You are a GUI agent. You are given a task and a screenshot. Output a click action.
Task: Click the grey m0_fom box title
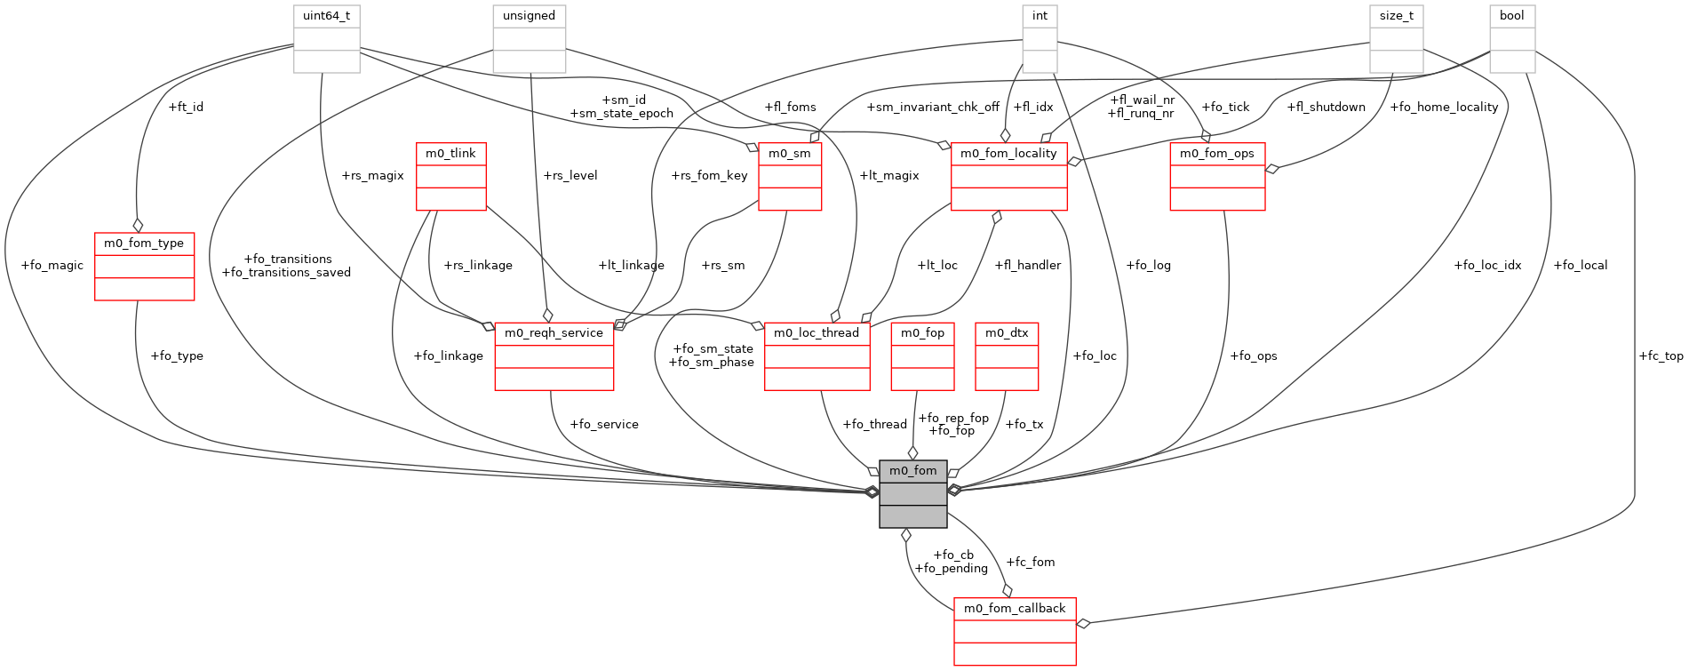912,471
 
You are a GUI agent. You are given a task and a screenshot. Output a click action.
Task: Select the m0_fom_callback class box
1015,630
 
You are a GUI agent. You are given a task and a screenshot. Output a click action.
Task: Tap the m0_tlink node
450,176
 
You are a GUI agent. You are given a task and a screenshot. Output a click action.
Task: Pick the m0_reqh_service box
554,355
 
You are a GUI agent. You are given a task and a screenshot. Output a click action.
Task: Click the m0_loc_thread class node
817,355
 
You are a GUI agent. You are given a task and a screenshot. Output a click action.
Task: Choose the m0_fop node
922,355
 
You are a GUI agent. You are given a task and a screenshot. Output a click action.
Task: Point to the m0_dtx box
1007,355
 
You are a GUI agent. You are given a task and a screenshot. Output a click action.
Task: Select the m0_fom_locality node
1008,176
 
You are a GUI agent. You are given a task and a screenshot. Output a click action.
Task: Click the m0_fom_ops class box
1217,176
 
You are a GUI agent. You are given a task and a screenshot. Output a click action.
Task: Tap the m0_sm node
789,176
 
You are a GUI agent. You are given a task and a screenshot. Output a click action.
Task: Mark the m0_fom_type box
144,266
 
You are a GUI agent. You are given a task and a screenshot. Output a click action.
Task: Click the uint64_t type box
326,39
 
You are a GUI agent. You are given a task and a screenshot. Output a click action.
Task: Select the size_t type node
1396,39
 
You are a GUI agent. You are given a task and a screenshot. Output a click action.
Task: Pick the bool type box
1511,39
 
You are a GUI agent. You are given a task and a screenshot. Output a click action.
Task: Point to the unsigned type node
529,39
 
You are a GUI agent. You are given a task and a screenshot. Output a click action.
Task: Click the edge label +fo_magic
52,265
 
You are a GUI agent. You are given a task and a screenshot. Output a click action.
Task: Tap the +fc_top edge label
1660,355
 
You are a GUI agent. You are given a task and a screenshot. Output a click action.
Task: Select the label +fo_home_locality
1444,107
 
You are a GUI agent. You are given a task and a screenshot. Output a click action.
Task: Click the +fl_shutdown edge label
1326,107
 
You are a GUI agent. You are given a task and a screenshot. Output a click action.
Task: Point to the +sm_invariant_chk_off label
933,107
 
